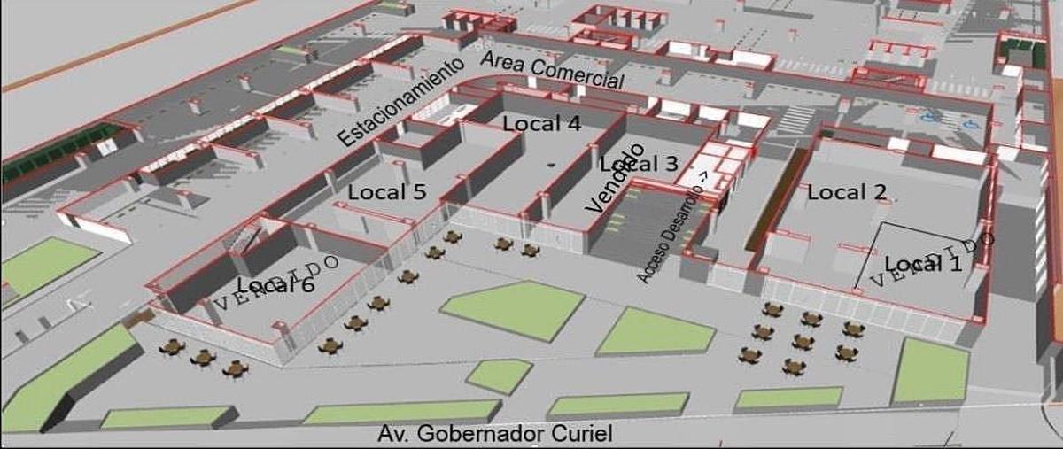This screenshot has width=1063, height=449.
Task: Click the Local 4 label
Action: (x=541, y=124)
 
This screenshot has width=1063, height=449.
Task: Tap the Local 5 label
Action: (x=387, y=191)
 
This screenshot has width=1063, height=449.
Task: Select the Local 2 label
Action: (x=847, y=191)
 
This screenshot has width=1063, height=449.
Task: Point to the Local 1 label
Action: (x=922, y=263)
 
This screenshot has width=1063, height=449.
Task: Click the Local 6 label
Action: (x=275, y=285)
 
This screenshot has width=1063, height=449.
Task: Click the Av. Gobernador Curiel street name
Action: (x=494, y=434)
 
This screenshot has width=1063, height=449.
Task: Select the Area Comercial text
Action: (x=552, y=70)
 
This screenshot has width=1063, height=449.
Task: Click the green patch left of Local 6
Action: (x=44, y=263)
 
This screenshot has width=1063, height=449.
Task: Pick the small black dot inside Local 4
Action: (x=550, y=165)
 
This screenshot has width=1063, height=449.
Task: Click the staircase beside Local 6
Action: (x=240, y=237)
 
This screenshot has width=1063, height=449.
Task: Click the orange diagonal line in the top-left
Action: (x=124, y=44)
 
